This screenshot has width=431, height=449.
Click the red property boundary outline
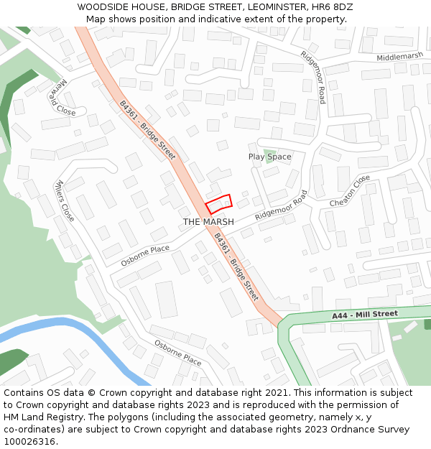click(x=219, y=204)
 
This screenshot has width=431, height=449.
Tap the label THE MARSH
click(x=208, y=222)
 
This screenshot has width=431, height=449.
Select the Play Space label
click(x=269, y=157)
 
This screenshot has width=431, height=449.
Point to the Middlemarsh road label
click(x=400, y=57)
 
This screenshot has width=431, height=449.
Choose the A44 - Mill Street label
click(x=364, y=315)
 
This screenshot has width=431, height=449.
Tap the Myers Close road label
click(x=65, y=200)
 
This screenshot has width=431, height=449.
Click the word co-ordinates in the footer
click(x=31, y=430)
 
